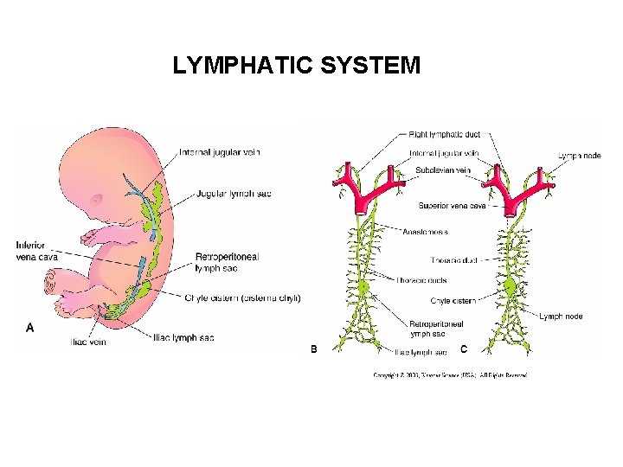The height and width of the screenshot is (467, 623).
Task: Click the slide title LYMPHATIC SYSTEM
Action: click(x=296, y=66)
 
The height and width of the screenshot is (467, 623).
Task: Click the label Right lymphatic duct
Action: click(x=445, y=135)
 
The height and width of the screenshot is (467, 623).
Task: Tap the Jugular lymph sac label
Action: click(x=234, y=194)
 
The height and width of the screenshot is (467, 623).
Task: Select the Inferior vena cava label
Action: click(x=30, y=252)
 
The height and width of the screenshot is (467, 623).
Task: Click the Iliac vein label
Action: click(x=88, y=342)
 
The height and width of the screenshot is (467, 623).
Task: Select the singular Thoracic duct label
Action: click(x=453, y=259)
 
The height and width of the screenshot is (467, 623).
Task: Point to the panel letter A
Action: click(x=30, y=328)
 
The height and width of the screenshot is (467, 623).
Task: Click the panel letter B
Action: click(x=314, y=349)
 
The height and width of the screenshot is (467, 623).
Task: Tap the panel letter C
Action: click(x=464, y=349)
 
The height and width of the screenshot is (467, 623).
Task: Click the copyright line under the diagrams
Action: click(x=450, y=375)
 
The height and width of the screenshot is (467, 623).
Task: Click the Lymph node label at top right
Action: click(x=579, y=157)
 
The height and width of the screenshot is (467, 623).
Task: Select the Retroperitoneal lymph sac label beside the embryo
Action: click(x=227, y=262)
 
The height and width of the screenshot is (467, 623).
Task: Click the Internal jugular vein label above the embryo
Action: click(x=220, y=153)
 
